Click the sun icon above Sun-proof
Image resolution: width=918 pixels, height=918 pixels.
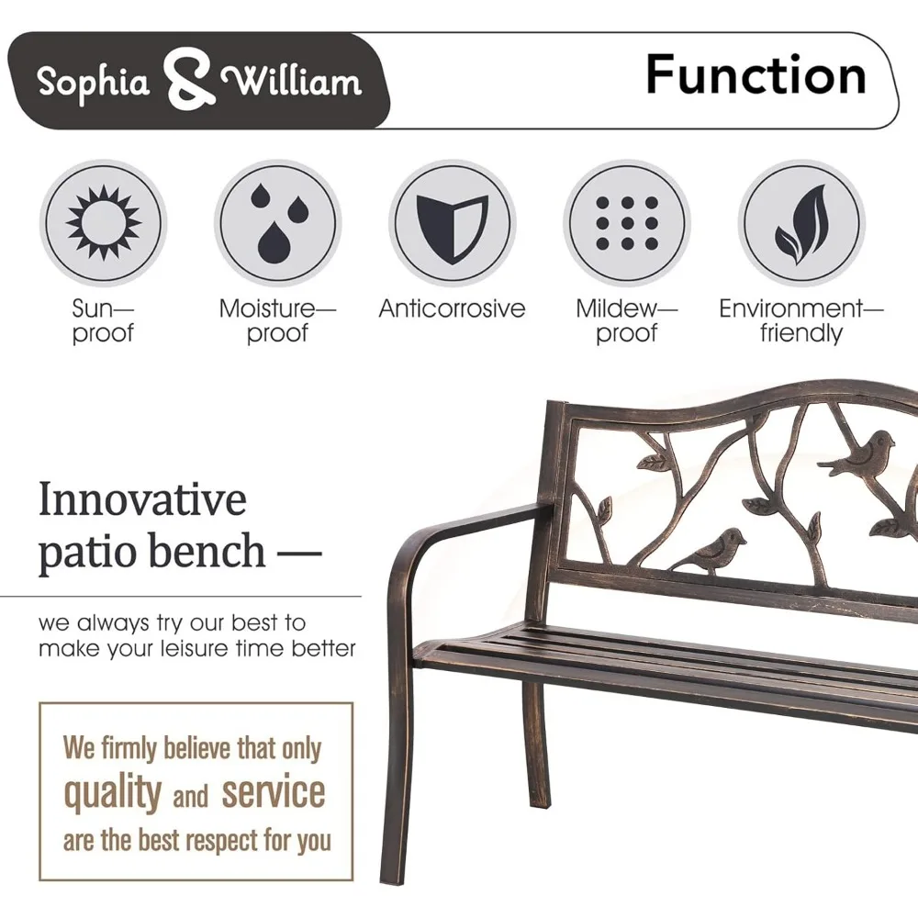point(103,222)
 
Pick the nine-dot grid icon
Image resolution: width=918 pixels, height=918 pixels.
point(626,223)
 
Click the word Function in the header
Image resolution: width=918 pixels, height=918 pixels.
point(756,75)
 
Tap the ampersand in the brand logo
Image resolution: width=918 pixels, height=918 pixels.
point(187,78)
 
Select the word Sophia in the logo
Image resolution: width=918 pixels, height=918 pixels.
point(93,81)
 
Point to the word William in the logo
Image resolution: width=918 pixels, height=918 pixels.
point(292,82)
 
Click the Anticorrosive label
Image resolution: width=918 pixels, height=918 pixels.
point(452,308)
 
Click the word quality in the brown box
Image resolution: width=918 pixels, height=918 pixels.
point(112,793)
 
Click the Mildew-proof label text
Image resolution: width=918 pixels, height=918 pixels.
point(626,320)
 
